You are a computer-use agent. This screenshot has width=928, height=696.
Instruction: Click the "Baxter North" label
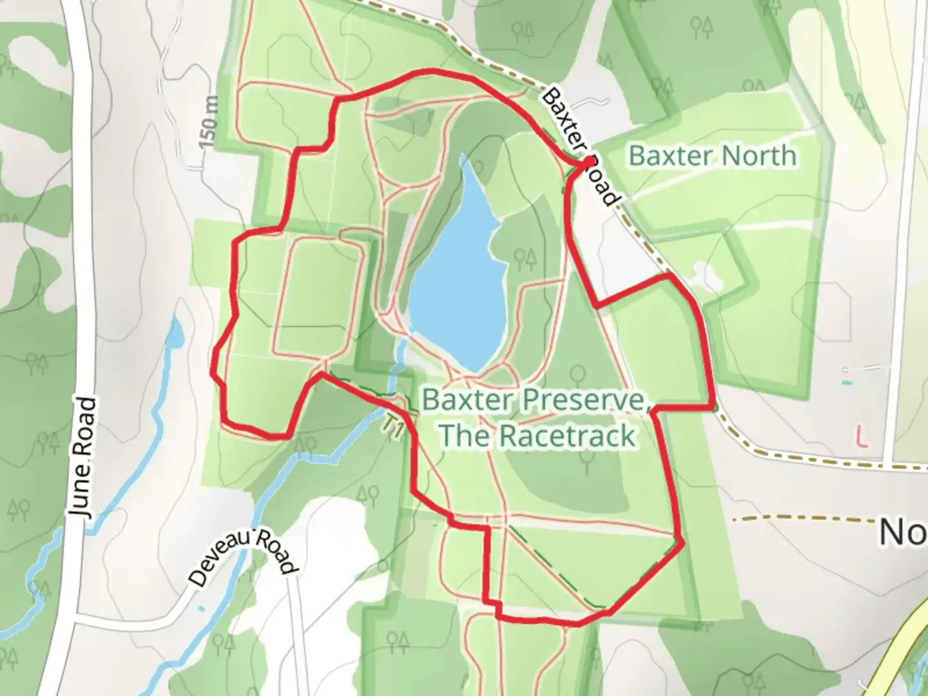[712, 156]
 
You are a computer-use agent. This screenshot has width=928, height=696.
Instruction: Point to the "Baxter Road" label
[579, 146]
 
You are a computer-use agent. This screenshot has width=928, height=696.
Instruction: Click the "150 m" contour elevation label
[209, 122]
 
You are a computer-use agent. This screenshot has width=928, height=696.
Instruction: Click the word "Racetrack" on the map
[567, 436]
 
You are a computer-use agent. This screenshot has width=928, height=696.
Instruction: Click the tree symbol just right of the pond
[525, 259]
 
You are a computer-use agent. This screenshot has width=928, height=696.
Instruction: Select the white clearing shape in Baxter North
[708, 277]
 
